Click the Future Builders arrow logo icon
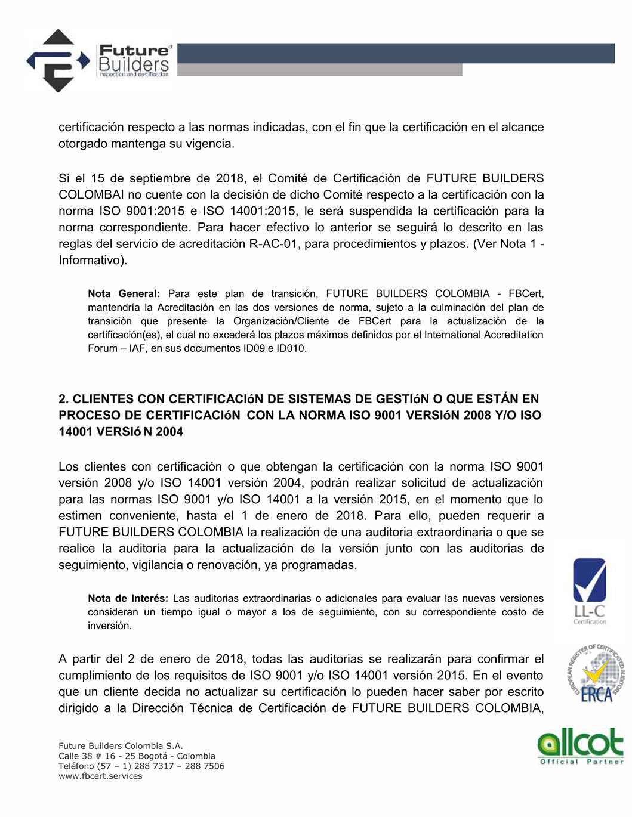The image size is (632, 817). click(x=57, y=61)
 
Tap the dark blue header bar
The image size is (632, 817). click(x=396, y=53)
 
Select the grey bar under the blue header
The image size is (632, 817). click(x=319, y=70)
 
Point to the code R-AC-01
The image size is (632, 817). click(x=274, y=244)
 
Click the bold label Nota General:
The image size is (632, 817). click(x=124, y=294)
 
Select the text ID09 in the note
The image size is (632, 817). click(x=255, y=348)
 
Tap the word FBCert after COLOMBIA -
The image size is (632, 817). click(x=526, y=294)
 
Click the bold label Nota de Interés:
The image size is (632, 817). click(x=128, y=599)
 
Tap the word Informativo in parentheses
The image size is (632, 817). click(x=91, y=261)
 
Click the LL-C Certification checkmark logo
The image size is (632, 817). click(x=589, y=590)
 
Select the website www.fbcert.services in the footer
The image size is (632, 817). click(x=100, y=776)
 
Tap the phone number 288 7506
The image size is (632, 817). click(x=205, y=766)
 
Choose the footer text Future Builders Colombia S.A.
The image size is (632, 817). click(x=121, y=746)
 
